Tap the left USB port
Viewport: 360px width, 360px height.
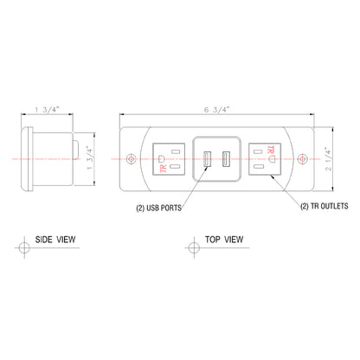[207, 160]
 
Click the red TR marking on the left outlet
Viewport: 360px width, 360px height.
[162, 168]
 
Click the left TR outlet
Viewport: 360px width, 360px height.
[168, 160]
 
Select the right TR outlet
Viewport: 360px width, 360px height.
[263, 160]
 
